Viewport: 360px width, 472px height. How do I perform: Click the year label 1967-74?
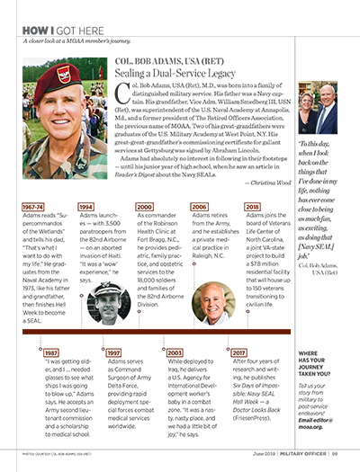(x=33, y=206)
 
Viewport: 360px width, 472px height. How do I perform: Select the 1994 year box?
(x=86, y=206)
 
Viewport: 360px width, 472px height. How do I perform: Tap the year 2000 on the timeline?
(x=143, y=206)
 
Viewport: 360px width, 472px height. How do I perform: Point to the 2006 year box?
(x=199, y=206)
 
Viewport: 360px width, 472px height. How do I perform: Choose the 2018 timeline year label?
(x=253, y=206)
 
